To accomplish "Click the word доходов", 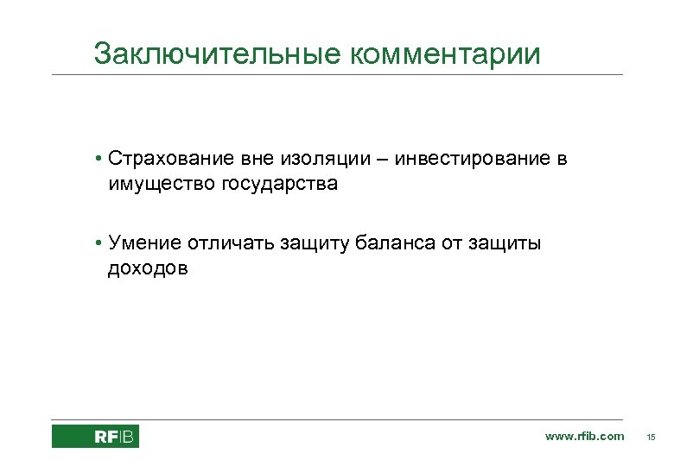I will (147, 268).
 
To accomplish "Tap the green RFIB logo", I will (95, 437).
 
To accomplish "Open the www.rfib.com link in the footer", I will (584, 437).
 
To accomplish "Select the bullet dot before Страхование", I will (101, 160).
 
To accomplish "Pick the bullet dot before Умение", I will (101, 244).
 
